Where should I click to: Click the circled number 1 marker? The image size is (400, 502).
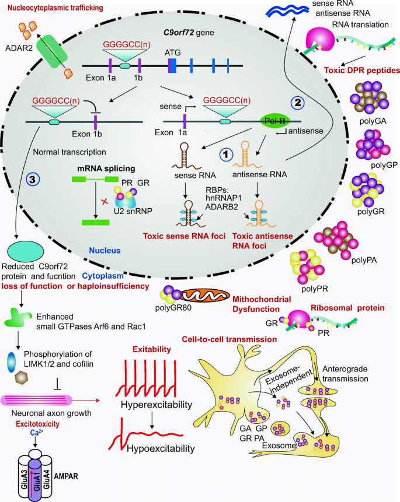coord(226,153)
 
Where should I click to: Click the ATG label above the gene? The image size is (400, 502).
coord(172,52)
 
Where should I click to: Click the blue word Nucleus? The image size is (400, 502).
coord(105,249)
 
